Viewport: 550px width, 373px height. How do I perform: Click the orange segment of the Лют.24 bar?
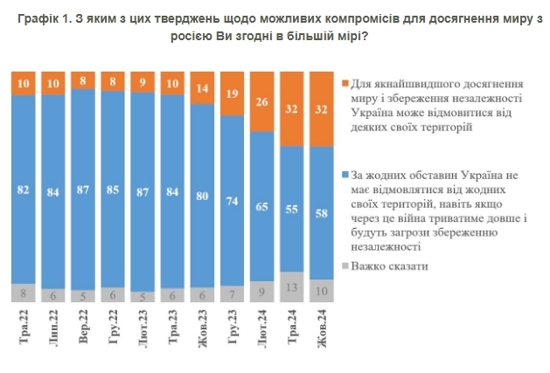[x=261, y=101]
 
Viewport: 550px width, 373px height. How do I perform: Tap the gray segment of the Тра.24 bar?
[x=291, y=287]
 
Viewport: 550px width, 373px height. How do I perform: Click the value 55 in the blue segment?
[x=291, y=209]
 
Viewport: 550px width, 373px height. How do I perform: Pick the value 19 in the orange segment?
[x=231, y=93]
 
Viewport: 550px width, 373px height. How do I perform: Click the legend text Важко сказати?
[x=390, y=266]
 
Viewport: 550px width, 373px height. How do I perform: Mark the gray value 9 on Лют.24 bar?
[x=261, y=291]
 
